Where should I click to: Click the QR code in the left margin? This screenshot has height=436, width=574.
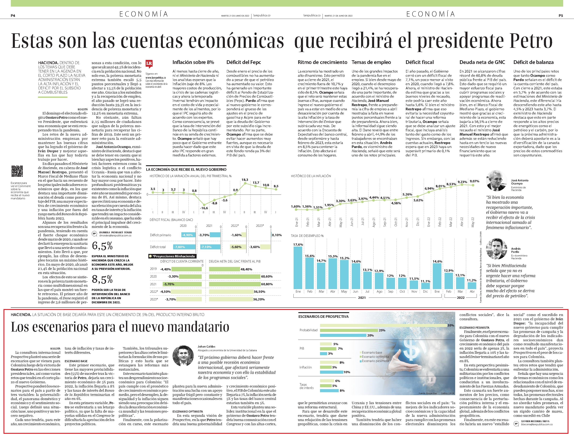[17, 171]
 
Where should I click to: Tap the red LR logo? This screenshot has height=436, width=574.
[149, 64]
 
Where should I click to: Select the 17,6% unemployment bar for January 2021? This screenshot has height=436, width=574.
[298, 268]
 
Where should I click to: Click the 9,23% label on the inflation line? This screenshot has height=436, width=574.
[462, 182]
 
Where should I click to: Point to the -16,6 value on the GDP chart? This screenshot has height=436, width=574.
[204, 208]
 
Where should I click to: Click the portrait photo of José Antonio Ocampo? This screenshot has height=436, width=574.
[496, 181]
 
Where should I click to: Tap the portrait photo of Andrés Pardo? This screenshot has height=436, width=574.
[496, 249]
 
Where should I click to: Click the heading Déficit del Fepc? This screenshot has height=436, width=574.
[244, 62]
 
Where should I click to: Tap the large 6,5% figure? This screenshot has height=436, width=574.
[102, 246]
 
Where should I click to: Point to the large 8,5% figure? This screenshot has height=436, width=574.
[102, 279]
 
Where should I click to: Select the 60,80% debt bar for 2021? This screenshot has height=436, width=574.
[235, 284]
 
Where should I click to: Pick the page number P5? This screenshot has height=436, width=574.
[561, 16]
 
